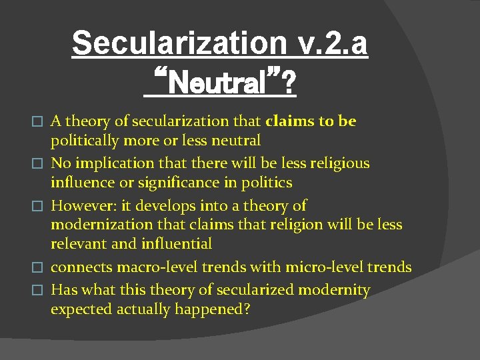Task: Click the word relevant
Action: tap(79, 244)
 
